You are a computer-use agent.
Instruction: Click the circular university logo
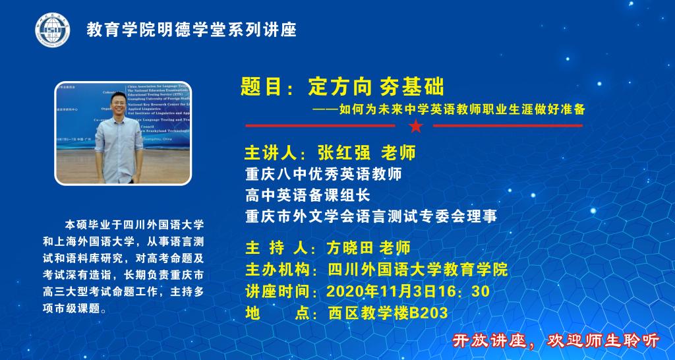click(x=52, y=30)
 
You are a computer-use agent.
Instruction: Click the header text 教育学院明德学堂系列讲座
click(x=192, y=30)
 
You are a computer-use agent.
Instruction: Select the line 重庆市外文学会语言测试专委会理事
click(x=370, y=216)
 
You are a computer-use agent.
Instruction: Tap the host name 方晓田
click(x=350, y=247)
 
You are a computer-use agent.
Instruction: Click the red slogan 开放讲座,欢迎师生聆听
click(x=556, y=340)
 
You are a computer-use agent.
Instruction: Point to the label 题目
click(x=260, y=86)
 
